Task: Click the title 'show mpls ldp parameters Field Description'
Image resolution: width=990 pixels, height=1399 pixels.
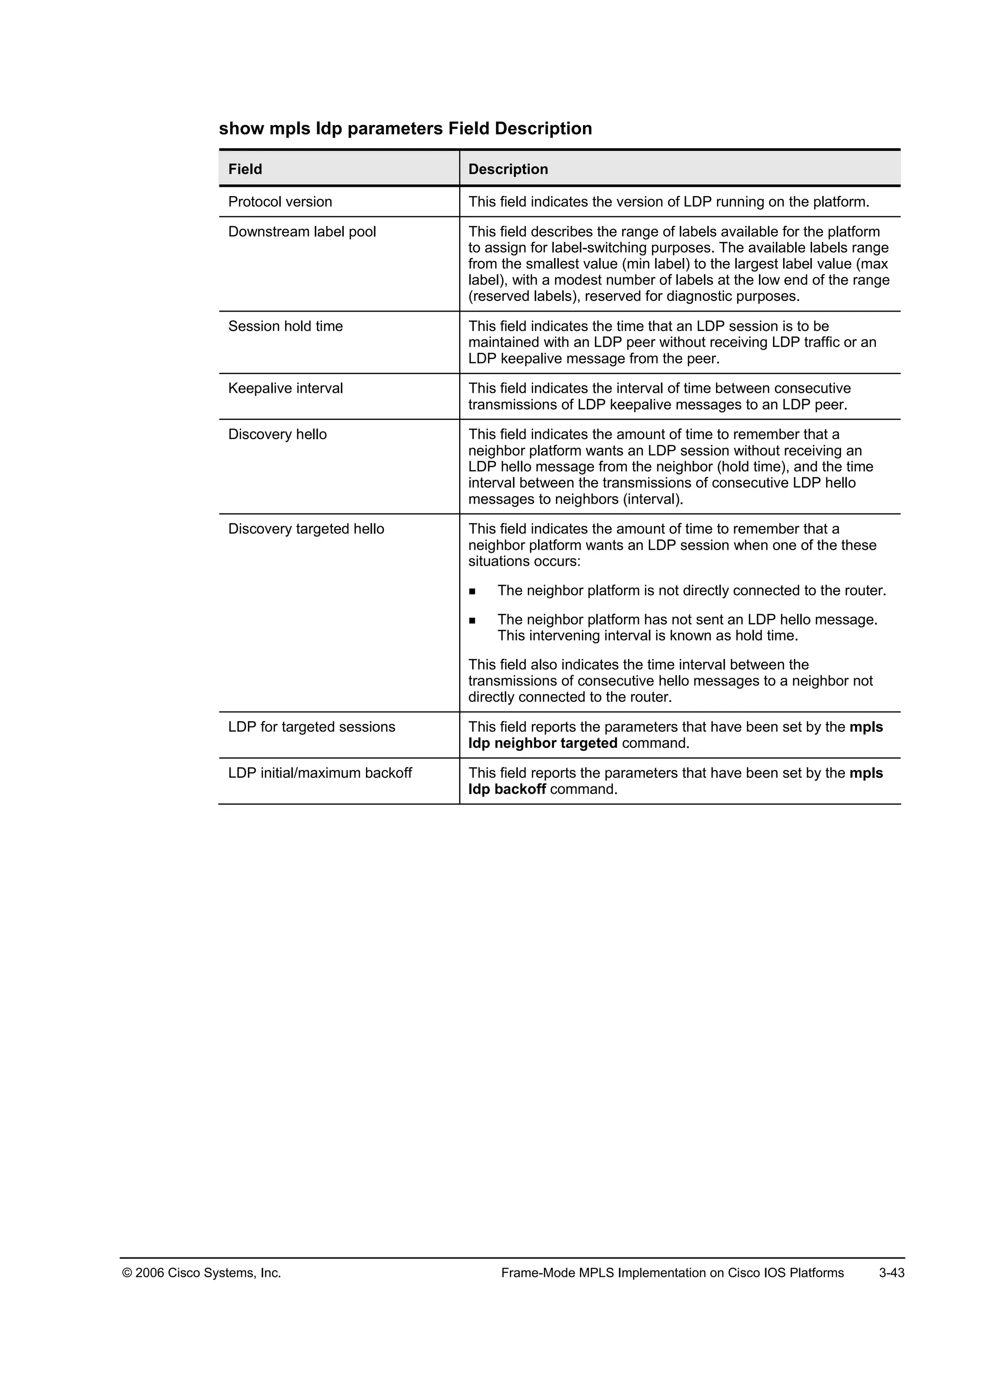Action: pyautogui.click(x=406, y=128)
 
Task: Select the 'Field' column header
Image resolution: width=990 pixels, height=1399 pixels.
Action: pyautogui.click(x=245, y=170)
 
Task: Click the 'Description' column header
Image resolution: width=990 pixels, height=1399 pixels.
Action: pyautogui.click(x=508, y=170)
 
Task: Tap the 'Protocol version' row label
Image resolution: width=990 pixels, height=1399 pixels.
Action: pyautogui.click(x=280, y=201)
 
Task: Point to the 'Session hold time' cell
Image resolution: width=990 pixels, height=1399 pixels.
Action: pyautogui.click(x=285, y=326)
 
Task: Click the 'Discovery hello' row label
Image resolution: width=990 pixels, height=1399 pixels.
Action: pyautogui.click(x=277, y=434)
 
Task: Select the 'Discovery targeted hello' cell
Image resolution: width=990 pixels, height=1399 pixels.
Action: pyautogui.click(x=306, y=529)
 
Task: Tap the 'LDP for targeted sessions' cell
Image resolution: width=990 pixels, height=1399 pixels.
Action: pyautogui.click(x=311, y=727)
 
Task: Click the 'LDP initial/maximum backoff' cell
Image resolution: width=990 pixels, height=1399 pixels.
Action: pyautogui.click(x=320, y=773)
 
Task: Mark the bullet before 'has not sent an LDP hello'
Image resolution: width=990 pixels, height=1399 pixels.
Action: pyautogui.click(x=472, y=621)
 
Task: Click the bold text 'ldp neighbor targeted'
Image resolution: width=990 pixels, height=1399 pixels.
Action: pyautogui.click(x=542, y=743)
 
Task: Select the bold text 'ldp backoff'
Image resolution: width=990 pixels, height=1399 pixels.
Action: pyautogui.click(x=507, y=790)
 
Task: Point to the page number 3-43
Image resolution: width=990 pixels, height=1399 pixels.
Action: pyautogui.click(x=891, y=1273)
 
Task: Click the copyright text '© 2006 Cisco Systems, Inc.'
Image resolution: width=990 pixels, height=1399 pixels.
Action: pyautogui.click(x=202, y=1273)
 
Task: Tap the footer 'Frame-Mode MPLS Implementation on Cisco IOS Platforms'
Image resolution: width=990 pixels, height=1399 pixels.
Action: pyautogui.click(x=672, y=1273)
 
